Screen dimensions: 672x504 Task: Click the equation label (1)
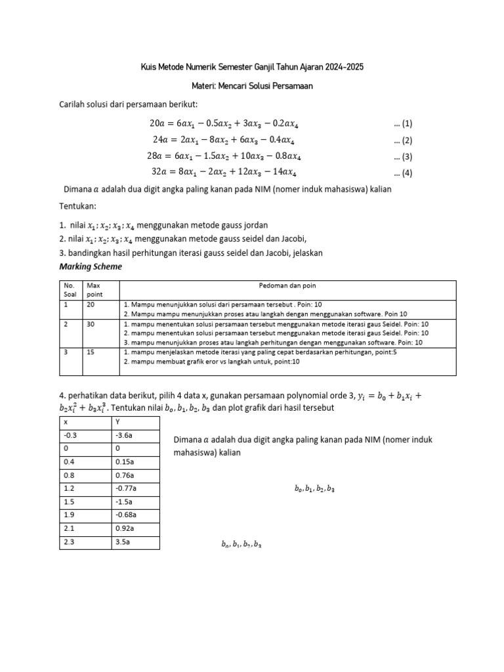click(403, 123)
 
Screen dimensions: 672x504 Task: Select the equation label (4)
click(403, 173)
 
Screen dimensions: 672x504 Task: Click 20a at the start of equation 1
click(158, 123)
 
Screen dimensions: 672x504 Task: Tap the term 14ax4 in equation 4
click(283, 173)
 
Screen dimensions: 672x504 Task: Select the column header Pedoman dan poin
click(287, 285)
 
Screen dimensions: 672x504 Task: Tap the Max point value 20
click(92, 305)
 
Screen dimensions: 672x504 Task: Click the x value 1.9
click(69, 515)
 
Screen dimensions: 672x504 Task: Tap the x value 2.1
click(69, 529)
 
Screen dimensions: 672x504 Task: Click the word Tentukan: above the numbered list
click(77, 206)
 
